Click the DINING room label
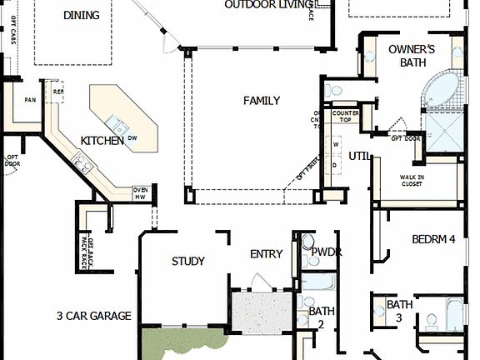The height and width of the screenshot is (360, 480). [x=81, y=15]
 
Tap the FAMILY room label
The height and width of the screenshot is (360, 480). [x=261, y=101]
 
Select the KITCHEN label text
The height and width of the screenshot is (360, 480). [x=102, y=140]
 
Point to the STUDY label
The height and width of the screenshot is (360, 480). [x=187, y=261]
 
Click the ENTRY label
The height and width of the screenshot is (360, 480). [x=266, y=254]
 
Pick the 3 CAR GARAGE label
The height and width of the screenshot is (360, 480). [x=93, y=316]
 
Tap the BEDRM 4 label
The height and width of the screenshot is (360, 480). [x=433, y=239]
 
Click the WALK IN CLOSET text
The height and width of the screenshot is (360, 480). [x=412, y=181]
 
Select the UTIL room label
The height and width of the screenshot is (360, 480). [x=359, y=156]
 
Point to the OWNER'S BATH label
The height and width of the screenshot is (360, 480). [x=412, y=55]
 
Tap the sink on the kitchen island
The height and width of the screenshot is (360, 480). [x=122, y=128]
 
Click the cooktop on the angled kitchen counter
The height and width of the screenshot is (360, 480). [x=83, y=158]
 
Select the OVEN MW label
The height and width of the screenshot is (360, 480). [x=140, y=193]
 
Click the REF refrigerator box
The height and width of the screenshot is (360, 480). [x=58, y=92]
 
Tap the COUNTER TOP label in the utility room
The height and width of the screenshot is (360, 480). [x=344, y=117]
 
